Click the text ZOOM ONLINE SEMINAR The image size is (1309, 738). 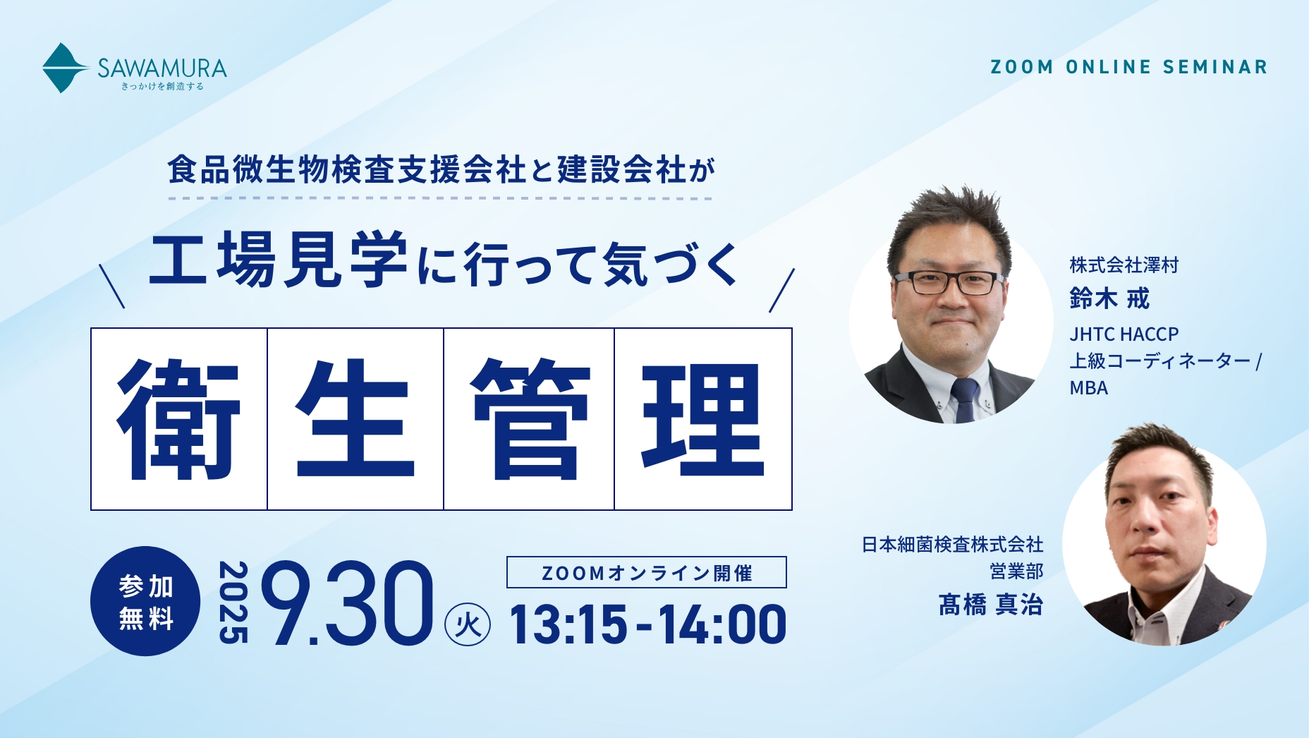pyautogui.click(x=1129, y=67)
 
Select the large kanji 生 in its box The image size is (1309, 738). pyautogui.click(x=355, y=419)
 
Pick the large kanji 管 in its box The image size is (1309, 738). pyautogui.click(x=530, y=419)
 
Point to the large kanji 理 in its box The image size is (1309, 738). pyautogui.click(x=703, y=419)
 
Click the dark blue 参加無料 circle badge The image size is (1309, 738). pyautogui.click(x=145, y=601)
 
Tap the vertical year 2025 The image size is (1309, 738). pyautogui.click(x=233, y=603)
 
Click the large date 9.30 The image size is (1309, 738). pyautogui.click(x=347, y=603)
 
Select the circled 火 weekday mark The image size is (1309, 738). pyautogui.click(x=468, y=624)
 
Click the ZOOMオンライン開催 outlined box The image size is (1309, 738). pyautogui.click(x=646, y=572)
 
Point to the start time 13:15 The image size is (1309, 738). pyautogui.click(x=568, y=625)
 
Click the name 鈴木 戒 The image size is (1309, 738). pyautogui.click(x=1109, y=298)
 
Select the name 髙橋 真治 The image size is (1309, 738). pyautogui.click(x=990, y=605)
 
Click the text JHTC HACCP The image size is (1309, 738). pyautogui.click(x=1124, y=334)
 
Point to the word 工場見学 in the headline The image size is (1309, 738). pyautogui.click(x=279, y=260)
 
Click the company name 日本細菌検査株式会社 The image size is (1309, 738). pyautogui.click(x=953, y=544)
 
